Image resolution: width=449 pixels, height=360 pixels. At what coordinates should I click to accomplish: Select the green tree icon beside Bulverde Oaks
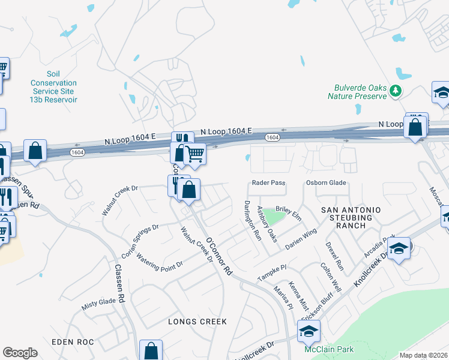pos(395,91)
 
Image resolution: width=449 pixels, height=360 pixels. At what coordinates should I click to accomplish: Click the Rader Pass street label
pos(268,183)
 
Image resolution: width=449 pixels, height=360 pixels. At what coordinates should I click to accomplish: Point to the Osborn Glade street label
pos(327,183)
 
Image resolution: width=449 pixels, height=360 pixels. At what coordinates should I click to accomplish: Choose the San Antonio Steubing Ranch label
pos(351,217)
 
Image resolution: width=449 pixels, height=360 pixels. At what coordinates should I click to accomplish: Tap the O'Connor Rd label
pos(218,255)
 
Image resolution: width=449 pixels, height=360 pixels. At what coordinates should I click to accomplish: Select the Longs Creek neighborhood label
pos(198,322)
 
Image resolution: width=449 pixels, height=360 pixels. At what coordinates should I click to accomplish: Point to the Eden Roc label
pos(73,341)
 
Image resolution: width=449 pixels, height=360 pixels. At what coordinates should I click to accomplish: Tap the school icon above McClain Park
pos(308,330)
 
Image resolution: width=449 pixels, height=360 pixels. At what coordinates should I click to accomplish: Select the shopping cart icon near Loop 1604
pos(194,154)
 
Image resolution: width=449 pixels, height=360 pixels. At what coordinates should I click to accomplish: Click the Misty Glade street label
pos(98,304)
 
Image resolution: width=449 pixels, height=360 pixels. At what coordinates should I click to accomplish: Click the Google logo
pos(20,353)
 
